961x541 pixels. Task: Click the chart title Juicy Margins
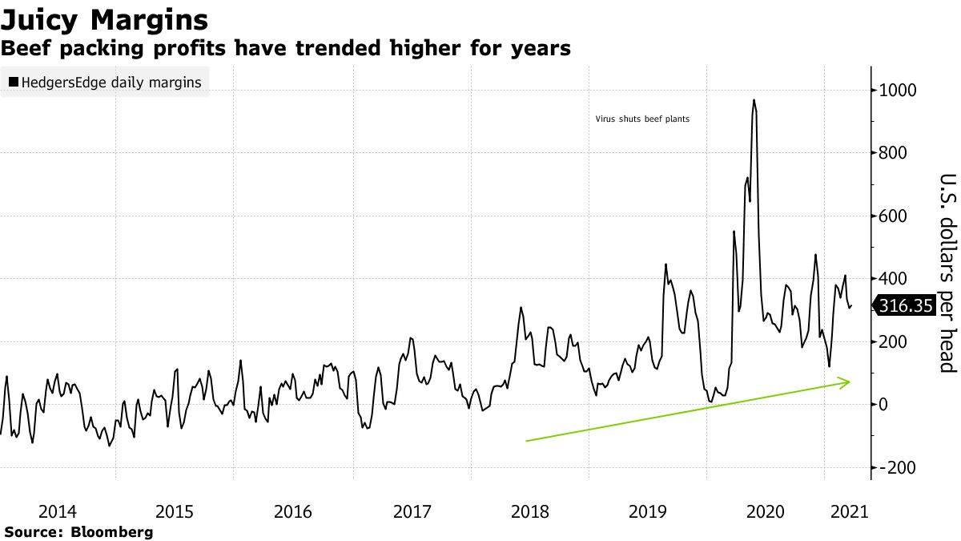click(x=105, y=19)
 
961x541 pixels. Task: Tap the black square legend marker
click(x=14, y=82)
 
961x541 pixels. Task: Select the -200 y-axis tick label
click(x=895, y=467)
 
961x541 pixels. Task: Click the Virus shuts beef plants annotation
click(x=642, y=119)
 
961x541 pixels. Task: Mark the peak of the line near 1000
click(x=754, y=100)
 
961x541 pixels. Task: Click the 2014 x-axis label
click(x=57, y=511)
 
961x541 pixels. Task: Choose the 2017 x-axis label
click(x=412, y=511)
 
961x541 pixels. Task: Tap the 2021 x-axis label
click(x=847, y=511)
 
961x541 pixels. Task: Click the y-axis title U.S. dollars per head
click(x=947, y=273)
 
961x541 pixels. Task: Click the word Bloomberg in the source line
click(x=112, y=532)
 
